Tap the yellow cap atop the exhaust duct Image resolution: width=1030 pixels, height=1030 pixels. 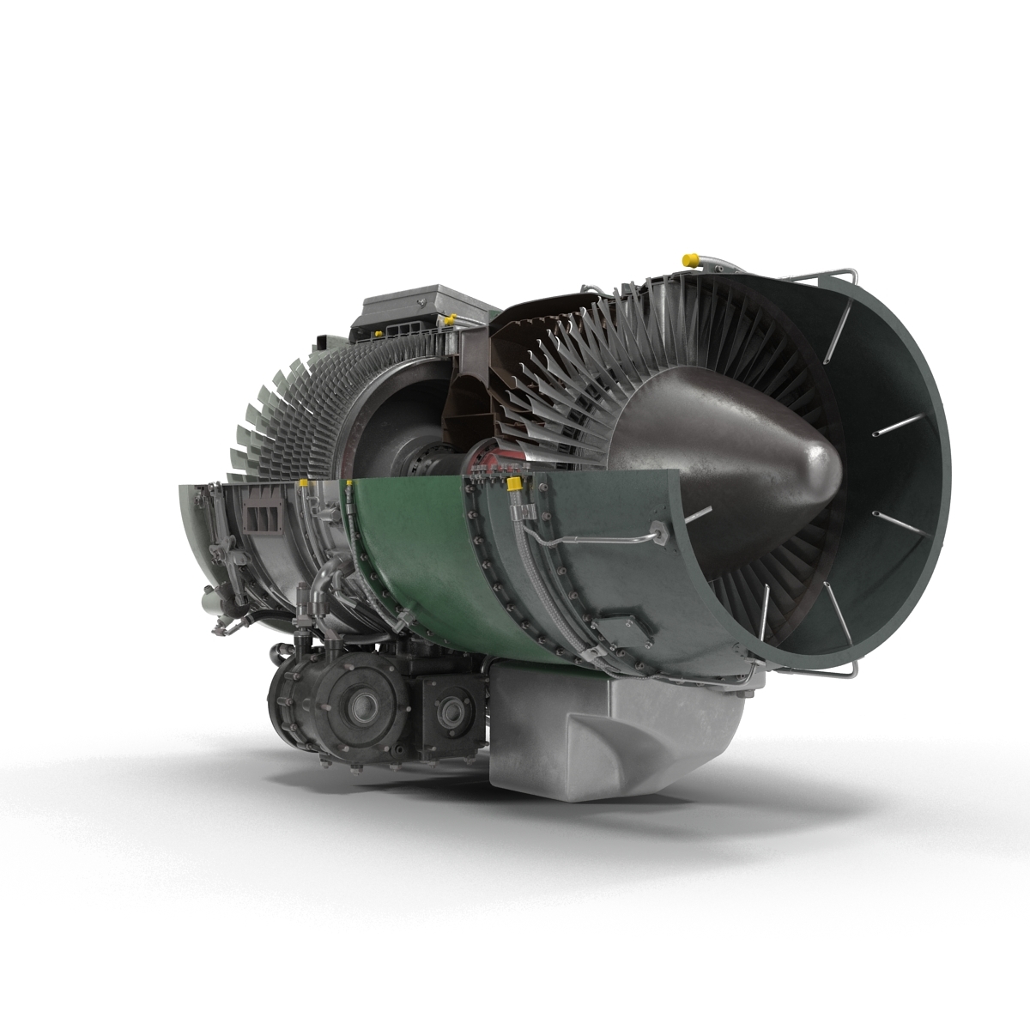687,257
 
